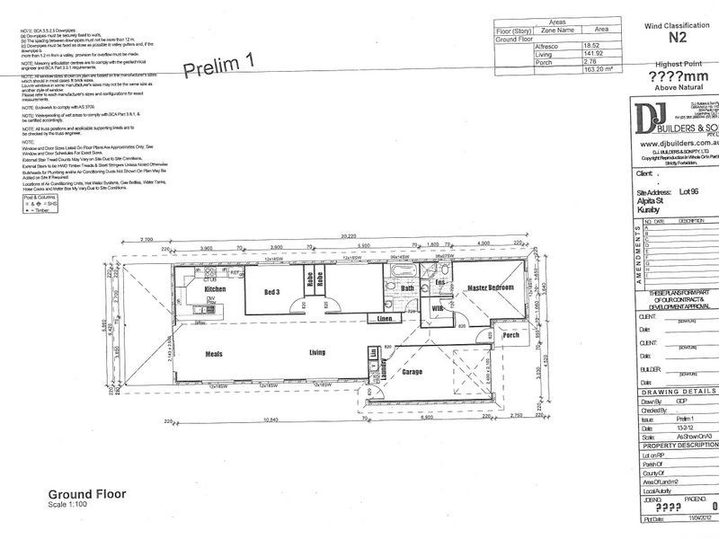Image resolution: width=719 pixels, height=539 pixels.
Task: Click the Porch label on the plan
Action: point(511,335)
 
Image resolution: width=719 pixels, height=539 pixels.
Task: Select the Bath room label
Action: point(407,288)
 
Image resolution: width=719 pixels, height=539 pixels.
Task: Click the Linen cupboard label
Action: point(384,319)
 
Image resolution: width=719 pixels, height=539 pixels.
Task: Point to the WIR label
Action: point(439,309)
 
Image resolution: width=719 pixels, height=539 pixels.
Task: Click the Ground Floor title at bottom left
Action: point(86,494)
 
